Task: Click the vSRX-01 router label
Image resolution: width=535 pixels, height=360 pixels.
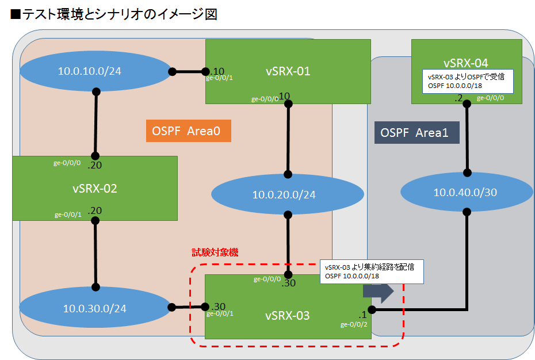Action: point(288,71)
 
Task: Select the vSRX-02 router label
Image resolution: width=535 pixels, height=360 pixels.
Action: point(95,188)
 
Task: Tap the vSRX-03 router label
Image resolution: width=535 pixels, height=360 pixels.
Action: point(287,315)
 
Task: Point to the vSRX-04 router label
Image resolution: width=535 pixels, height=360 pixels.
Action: point(466,63)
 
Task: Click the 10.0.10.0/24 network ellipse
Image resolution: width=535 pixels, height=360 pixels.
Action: point(90,71)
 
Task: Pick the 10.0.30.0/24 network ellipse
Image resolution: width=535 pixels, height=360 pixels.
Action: point(94,308)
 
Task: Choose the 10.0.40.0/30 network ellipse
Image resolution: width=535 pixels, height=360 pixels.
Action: point(465,192)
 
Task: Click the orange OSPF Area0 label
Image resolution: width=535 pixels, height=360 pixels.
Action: point(188,131)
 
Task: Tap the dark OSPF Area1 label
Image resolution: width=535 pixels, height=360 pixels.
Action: point(417,132)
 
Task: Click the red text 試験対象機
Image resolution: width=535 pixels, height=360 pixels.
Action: point(215,252)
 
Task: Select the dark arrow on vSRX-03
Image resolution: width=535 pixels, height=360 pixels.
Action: point(378,292)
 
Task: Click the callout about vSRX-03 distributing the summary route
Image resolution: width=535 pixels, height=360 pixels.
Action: point(372,271)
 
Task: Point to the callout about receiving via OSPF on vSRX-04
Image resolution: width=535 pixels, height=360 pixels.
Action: point(464,81)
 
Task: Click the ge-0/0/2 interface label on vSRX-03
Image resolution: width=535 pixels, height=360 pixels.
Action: point(354,324)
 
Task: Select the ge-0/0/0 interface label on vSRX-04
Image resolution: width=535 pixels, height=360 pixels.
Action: point(492,98)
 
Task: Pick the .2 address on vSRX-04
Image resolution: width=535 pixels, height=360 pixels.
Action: point(458,98)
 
